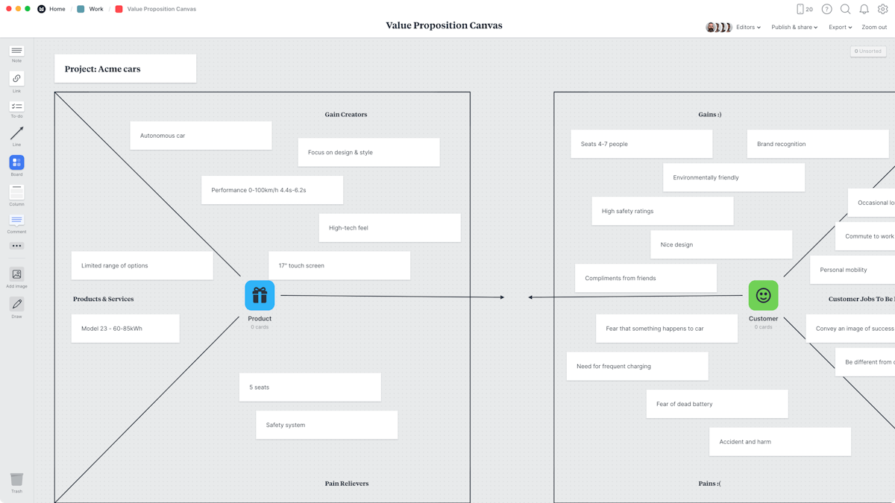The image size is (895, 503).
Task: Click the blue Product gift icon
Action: (260, 296)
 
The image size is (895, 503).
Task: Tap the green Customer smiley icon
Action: (763, 296)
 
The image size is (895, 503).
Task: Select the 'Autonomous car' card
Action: (201, 136)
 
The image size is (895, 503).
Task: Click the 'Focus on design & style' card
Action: (368, 153)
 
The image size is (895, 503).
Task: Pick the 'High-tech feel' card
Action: (389, 228)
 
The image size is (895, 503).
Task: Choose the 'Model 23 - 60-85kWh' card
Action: (125, 329)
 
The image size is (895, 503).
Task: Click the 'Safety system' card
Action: (327, 426)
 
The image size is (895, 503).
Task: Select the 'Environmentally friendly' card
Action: (733, 178)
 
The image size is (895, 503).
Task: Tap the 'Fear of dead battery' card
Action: (717, 404)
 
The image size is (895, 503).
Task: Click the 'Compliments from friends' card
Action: (645, 279)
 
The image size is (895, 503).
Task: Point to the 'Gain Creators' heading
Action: (346, 115)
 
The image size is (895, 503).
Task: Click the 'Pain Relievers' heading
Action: (347, 484)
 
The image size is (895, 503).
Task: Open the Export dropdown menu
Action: (840, 28)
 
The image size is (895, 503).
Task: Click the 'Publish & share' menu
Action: (794, 28)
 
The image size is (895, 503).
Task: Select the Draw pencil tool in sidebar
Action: (16, 305)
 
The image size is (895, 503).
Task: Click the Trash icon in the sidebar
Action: (16, 480)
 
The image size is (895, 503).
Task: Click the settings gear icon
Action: (883, 10)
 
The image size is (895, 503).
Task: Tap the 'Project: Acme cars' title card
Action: (125, 69)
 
